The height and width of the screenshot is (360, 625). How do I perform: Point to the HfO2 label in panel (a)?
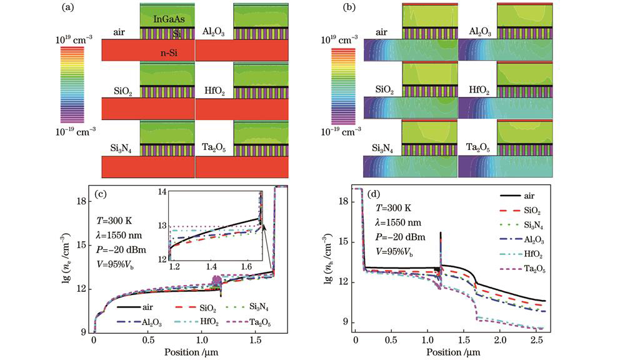tap(209, 91)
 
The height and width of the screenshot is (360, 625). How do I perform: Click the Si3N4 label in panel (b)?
tap(385, 147)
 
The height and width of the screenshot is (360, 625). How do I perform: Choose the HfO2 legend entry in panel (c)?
tap(206, 322)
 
